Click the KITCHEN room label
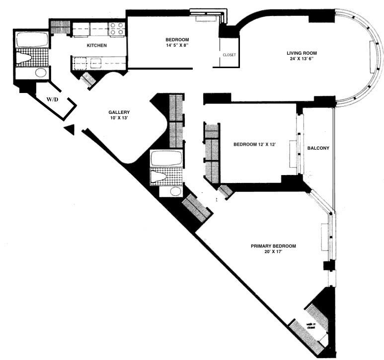click(96, 45)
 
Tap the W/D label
click(53, 99)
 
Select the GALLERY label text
click(119, 112)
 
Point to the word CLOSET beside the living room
click(229, 55)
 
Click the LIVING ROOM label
click(301, 53)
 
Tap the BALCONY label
click(318, 148)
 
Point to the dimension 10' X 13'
click(119, 118)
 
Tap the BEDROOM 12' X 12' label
click(254, 144)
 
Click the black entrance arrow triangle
click(70, 130)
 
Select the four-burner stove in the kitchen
click(116, 30)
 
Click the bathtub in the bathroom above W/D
click(32, 40)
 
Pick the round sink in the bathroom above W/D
click(40, 73)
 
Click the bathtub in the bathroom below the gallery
click(167, 159)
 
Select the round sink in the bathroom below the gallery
click(175, 191)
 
